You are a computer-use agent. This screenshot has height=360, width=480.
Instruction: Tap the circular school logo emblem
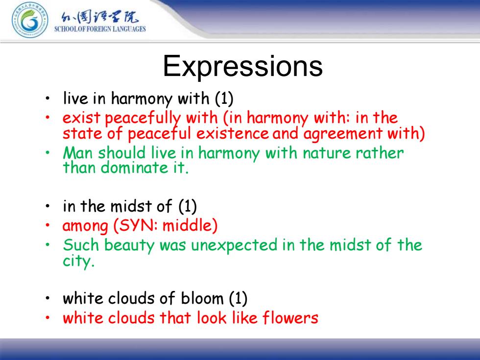tap(30, 21)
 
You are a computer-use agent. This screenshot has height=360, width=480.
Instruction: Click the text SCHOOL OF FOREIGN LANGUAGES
tap(100, 29)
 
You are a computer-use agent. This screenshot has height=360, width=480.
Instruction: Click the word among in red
tap(85, 226)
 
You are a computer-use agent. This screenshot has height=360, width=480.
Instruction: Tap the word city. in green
tap(78, 261)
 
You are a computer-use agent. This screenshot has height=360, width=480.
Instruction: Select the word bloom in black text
tap(202, 298)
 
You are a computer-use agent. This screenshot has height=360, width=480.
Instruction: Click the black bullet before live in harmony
tap(48, 98)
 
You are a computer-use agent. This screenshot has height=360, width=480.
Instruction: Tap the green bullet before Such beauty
tap(48, 245)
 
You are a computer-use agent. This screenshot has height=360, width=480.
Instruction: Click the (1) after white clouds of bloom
tap(238, 298)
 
